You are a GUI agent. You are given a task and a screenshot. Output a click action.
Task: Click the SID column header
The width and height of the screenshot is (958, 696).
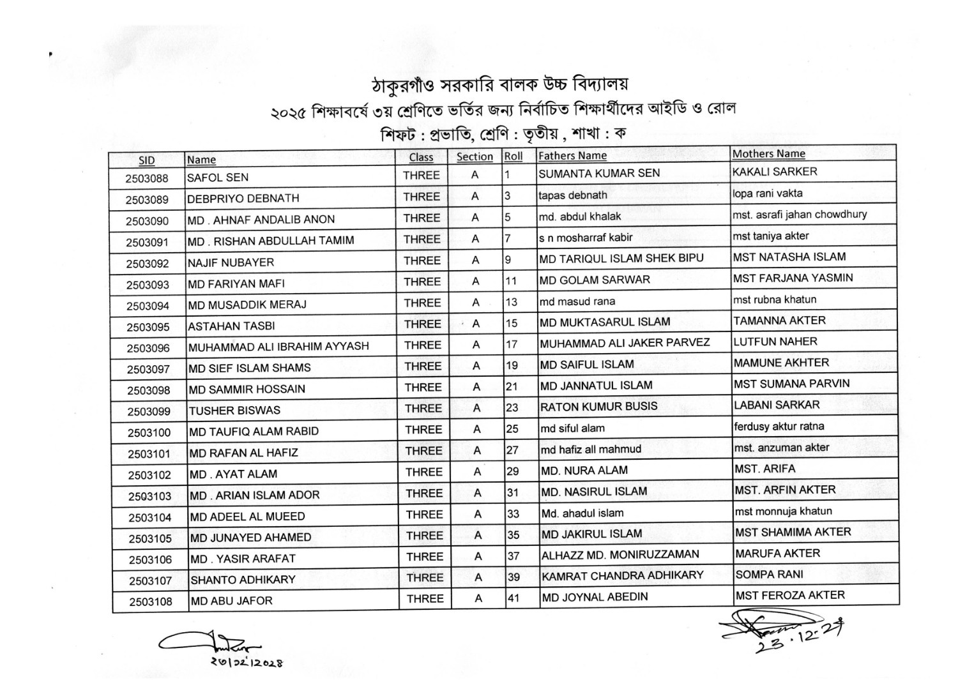[x=147, y=160]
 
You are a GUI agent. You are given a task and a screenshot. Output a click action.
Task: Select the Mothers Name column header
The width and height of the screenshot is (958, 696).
[x=768, y=154]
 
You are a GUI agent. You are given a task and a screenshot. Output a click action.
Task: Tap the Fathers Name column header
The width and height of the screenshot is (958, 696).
[x=572, y=156]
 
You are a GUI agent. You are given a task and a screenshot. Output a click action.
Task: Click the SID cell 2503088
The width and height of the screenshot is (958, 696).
[x=147, y=178]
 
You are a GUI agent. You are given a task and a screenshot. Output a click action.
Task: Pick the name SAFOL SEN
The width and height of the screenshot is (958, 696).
[x=218, y=178]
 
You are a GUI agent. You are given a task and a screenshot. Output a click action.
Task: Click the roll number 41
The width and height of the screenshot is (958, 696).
[x=513, y=598]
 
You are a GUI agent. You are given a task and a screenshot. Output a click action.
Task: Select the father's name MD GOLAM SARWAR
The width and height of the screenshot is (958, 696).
[x=595, y=280]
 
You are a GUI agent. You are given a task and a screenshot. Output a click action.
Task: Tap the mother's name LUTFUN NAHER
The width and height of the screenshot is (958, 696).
[x=775, y=342]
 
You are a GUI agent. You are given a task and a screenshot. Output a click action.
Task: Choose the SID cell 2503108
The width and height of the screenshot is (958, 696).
[x=151, y=601]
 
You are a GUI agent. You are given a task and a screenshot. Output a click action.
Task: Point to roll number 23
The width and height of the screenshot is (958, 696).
[x=512, y=407]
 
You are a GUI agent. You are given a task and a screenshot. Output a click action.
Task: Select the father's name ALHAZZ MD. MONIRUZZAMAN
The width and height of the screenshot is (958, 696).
[x=620, y=555]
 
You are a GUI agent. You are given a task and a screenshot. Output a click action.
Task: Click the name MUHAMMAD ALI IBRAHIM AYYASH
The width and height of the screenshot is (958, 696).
[x=278, y=347]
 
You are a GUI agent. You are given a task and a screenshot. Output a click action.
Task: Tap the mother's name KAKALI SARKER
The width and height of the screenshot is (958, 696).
[x=775, y=172]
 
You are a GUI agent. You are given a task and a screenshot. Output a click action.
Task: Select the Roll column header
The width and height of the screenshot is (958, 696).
[x=513, y=156]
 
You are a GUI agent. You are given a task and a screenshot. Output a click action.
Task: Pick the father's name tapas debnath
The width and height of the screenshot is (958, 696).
[x=572, y=195]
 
